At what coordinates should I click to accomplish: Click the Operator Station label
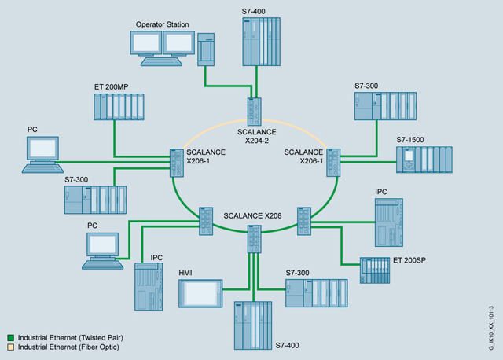coord(163,25)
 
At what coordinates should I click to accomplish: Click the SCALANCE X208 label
coord(251,214)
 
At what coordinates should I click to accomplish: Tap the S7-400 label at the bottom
coord(288,345)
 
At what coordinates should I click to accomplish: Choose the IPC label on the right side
coord(383,191)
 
